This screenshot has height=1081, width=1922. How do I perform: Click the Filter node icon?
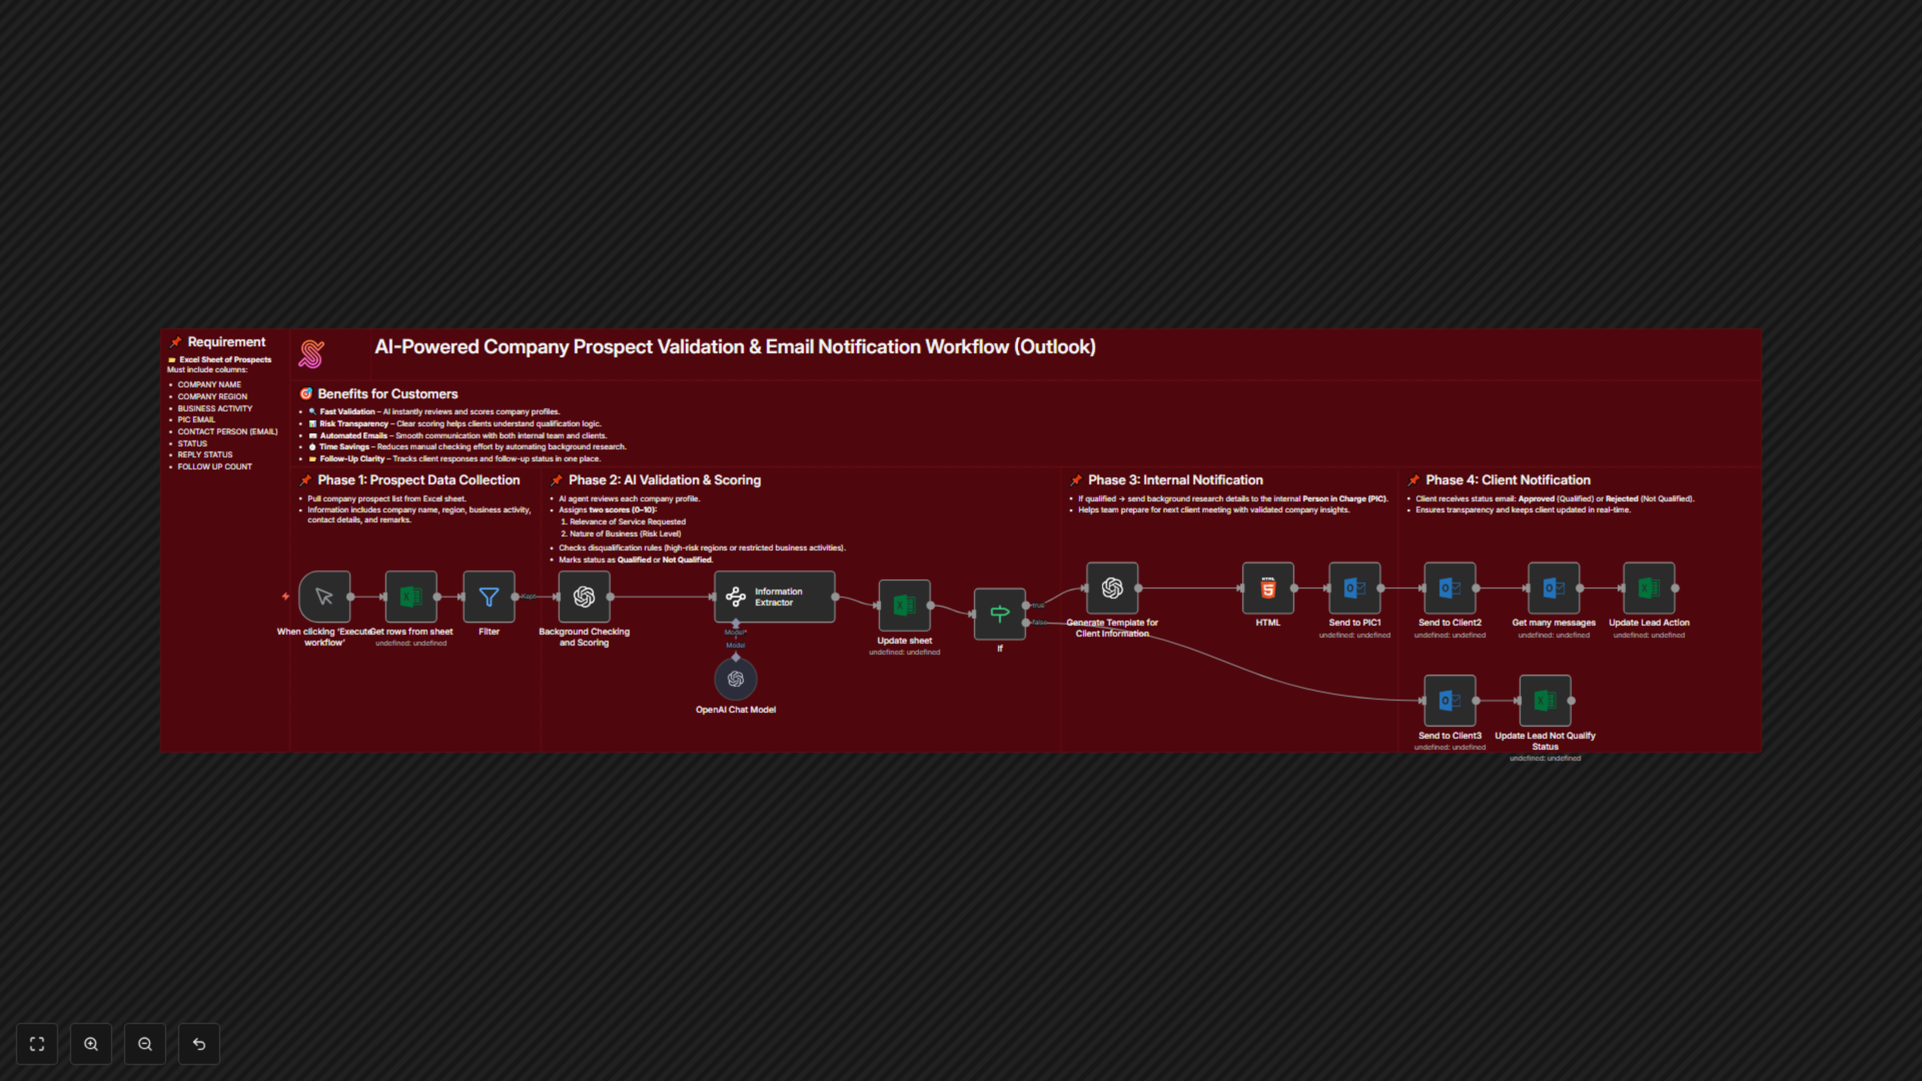489,597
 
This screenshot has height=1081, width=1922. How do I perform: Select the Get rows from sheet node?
411,597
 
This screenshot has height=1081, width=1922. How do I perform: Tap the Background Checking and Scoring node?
584,597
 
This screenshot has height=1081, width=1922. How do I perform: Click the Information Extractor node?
774,597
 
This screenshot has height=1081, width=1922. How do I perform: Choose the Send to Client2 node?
1450,589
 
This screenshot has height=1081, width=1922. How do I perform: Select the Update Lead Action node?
1649,589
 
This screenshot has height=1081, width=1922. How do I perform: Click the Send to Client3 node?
1450,701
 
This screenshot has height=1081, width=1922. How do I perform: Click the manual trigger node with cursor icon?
324,597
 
